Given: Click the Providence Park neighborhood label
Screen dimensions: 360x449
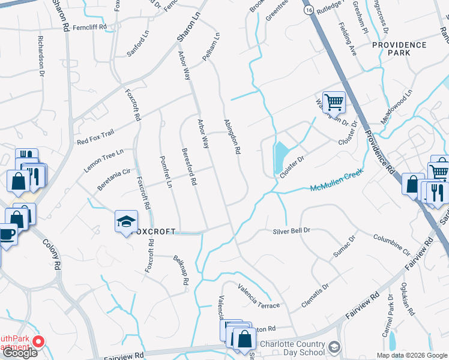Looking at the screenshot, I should coord(399,49).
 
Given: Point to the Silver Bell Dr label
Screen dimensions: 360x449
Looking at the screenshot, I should coord(291,230).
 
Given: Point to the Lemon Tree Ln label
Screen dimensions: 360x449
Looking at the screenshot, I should coord(103,160).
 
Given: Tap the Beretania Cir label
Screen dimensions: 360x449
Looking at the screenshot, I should coord(109,179).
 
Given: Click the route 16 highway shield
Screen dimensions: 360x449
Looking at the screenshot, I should coord(308,11).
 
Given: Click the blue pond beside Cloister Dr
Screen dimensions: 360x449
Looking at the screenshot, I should coord(280,156).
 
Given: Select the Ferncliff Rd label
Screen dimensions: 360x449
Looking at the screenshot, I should coord(89,27).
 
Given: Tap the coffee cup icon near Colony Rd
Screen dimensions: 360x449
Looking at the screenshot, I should coord(7,233).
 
